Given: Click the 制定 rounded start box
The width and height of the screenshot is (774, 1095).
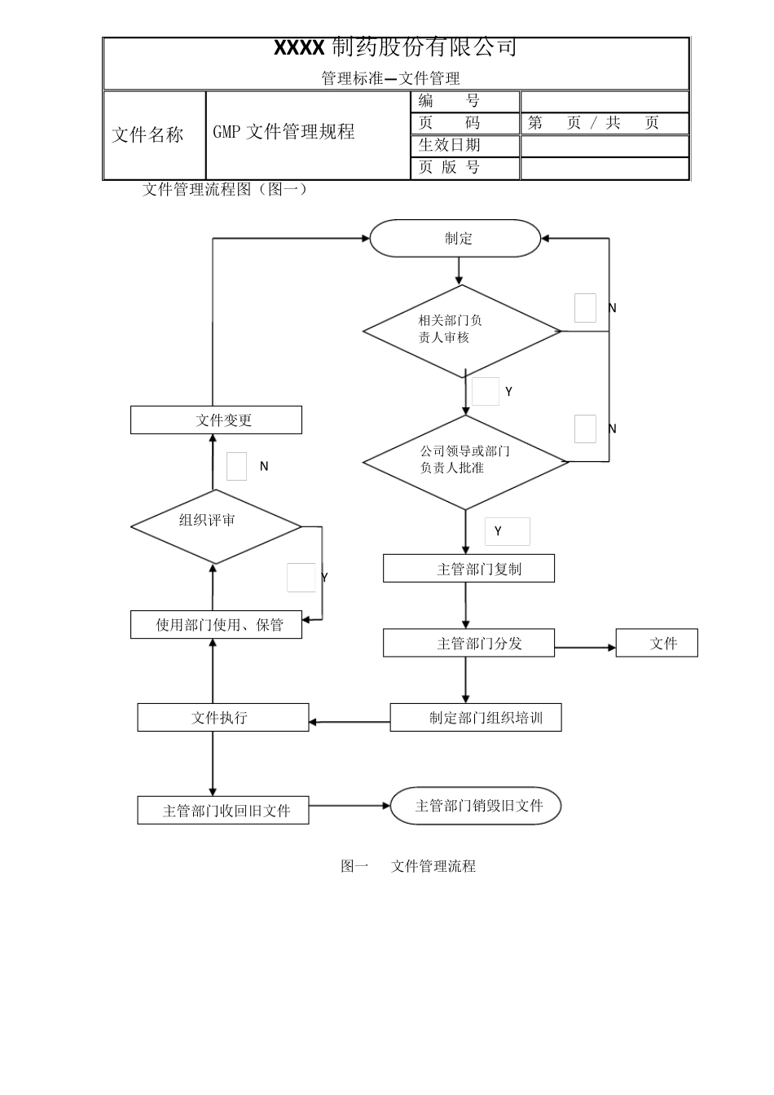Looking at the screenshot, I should coord(455,239).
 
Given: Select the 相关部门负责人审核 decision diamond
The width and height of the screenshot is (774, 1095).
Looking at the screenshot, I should coord(461,331).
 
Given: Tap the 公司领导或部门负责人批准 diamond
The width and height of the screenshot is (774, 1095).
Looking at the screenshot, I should coord(464,462).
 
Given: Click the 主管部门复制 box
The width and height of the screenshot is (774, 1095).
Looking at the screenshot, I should coord(468,569).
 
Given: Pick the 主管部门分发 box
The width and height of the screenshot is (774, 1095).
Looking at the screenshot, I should coord(468,643).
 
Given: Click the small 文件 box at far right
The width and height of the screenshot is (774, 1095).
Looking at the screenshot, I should coord(657,643).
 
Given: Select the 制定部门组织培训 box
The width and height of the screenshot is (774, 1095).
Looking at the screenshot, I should coord(476,718).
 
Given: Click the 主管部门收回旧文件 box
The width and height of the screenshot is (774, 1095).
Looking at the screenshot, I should coord(222,811).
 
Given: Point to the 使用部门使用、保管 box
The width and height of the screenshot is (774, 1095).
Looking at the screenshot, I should coord(216,625).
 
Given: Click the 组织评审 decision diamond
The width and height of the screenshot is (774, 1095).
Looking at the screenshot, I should coord(216,526).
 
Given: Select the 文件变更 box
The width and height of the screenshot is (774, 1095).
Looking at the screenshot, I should coord(216,420).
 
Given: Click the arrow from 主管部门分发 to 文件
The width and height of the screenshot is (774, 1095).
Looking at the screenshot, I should coord(585,648).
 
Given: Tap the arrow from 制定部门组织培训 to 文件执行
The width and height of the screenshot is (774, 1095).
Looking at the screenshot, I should coord(350,722).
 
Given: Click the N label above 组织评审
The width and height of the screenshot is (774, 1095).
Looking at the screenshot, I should coord(264,467).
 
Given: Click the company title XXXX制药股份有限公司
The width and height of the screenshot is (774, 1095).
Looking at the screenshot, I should coord(396,48).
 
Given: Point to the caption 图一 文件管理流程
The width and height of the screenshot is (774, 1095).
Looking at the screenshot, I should coord(408,866).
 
